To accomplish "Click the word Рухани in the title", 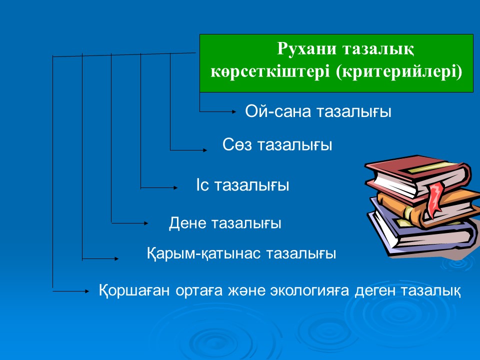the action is pos(306,48).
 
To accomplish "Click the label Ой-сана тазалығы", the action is pos(318,111).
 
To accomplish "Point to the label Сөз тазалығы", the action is pos(277,144).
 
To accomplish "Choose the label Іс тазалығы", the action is pos(242,185).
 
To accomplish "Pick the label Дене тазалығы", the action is pos(225,223).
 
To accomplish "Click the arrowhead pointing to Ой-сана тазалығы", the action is pos(234,111).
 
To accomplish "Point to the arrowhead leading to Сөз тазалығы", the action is pos(205,150).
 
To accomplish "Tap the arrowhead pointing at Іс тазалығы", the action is pos(175,187).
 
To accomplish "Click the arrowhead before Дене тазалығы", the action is pos(146,223).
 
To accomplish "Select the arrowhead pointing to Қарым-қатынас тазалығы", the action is pos(116,258).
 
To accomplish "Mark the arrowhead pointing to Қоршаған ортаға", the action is pos(86,291).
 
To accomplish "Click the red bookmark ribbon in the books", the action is pos(435,199).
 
